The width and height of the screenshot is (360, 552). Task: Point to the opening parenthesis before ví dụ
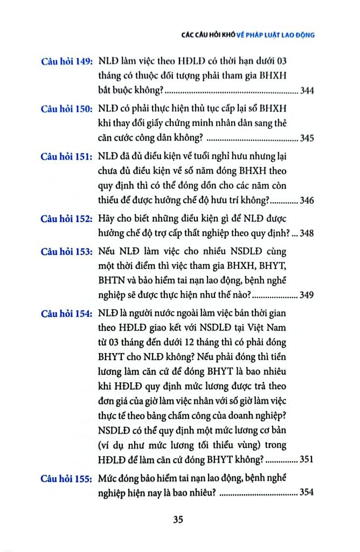coord(101,446)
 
